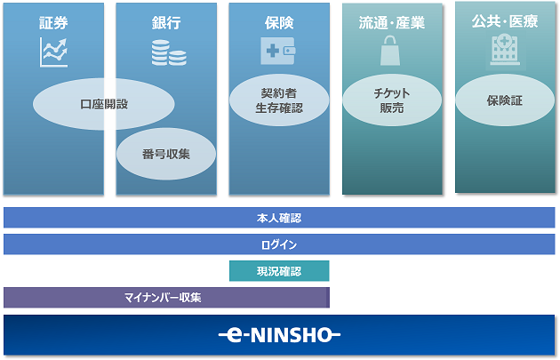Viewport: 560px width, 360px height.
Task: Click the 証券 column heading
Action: pyautogui.click(x=53, y=23)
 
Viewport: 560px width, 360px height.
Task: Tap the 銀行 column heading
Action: pyautogui.click(x=166, y=23)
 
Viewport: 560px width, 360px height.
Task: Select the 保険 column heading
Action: pyautogui.click(x=278, y=23)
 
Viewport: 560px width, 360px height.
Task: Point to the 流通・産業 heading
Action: pyautogui.click(x=392, y=23)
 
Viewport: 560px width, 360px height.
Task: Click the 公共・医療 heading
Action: pyautogui.click(x=505, y=21)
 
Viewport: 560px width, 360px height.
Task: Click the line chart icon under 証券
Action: pyautogui.click(x=53, y=52)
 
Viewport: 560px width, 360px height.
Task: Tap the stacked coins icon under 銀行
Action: pyautogui.click(x=167, y=52)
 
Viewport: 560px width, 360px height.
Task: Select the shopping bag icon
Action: pyautogui.click(x=391, y=52)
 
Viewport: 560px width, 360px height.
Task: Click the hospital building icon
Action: pyautogui.click(x=504, y=50)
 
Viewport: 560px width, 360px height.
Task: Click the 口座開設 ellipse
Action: pyautogui.click(x=103, y=104)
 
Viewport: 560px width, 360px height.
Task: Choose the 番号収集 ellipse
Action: pyautogui.click(x=166, y=154)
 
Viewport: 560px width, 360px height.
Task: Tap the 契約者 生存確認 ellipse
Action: pyautogui.click(x=279, y=100)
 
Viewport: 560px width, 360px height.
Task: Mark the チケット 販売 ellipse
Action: pyautogui.click(x=392, y=100)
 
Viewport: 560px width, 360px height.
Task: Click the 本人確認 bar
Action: pyautogui.click(x=279, y=218)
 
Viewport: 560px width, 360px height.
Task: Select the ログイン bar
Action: pyautogui.click(x=279, y=244)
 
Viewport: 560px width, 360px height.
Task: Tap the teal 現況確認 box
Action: pyautogui.click(x=279, y=271)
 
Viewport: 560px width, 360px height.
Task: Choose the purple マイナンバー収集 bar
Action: pyautogui.click(x=165, y=297)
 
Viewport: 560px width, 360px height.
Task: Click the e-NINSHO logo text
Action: pyautogui.click(x=279, y=335)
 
